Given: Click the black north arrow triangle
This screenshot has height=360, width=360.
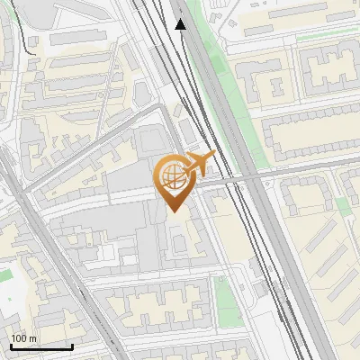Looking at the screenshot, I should (180, 24).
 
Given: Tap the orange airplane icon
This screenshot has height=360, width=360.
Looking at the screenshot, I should (198, 163).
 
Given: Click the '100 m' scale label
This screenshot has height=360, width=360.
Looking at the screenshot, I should (24, 337).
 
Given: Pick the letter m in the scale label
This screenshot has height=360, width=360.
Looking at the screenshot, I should (33, 337).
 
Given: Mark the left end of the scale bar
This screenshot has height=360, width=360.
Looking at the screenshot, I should (11, 346).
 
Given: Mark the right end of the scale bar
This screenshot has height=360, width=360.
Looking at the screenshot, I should (72, 346).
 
